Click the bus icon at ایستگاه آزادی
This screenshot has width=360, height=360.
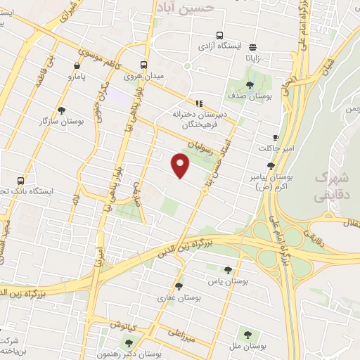[219, 34]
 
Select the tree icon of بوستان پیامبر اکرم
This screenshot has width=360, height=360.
[271, 166]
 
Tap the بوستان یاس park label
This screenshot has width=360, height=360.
[227, 281]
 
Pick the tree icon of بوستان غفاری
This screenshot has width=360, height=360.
[179, 286]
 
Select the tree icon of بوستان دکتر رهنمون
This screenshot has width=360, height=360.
[129, 342]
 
